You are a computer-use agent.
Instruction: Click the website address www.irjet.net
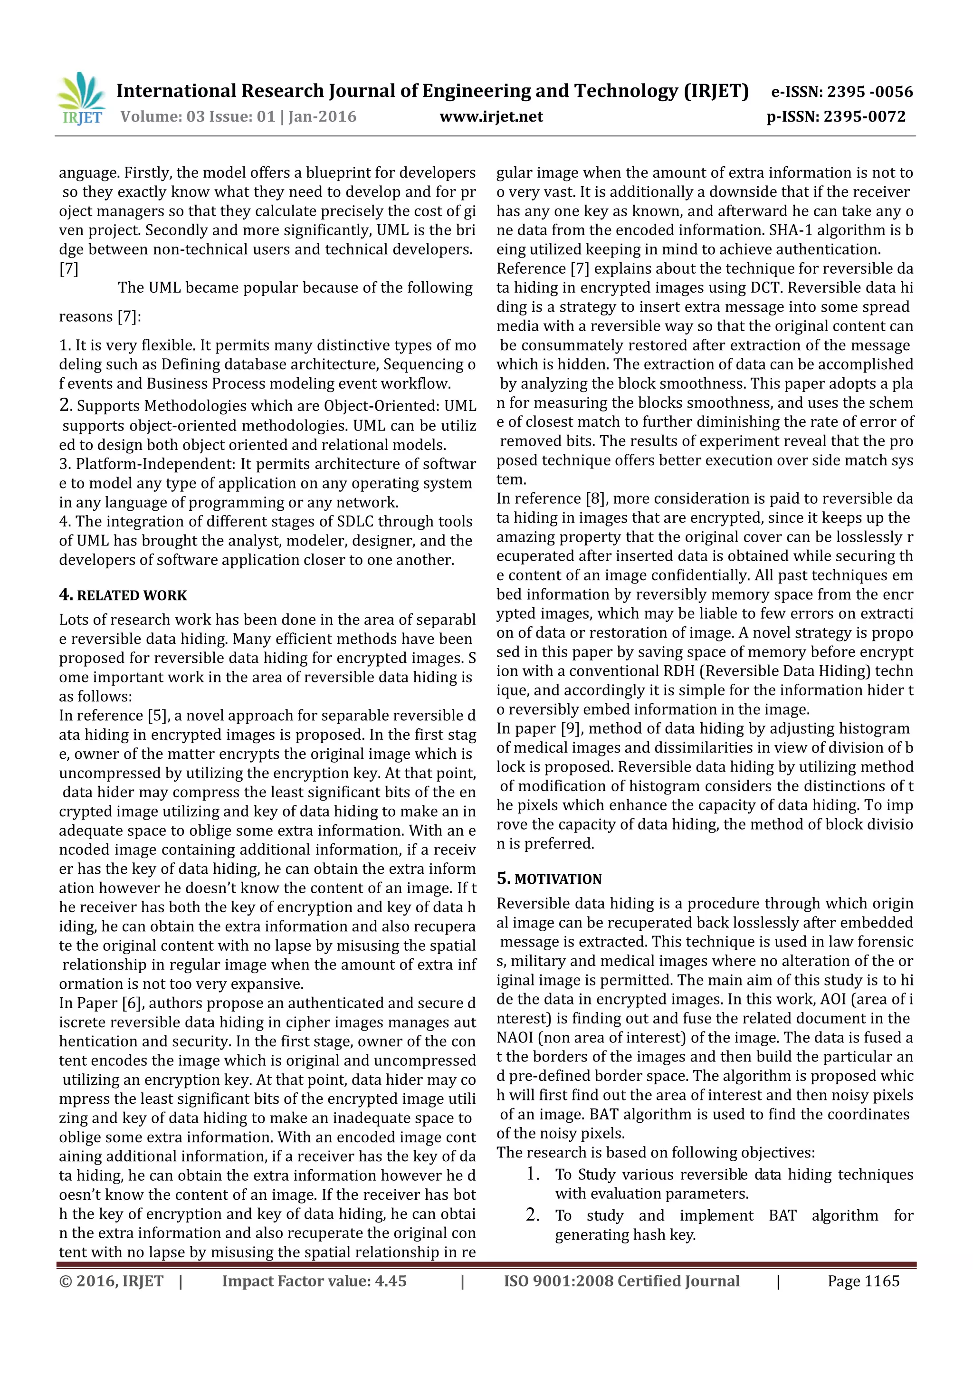[x=491, y=116]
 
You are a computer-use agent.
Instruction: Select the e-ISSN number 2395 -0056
[x=870, y=92]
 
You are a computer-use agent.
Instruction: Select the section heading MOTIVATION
[x=558, y=879]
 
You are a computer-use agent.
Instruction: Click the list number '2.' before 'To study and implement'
[x=533, y=1215]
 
